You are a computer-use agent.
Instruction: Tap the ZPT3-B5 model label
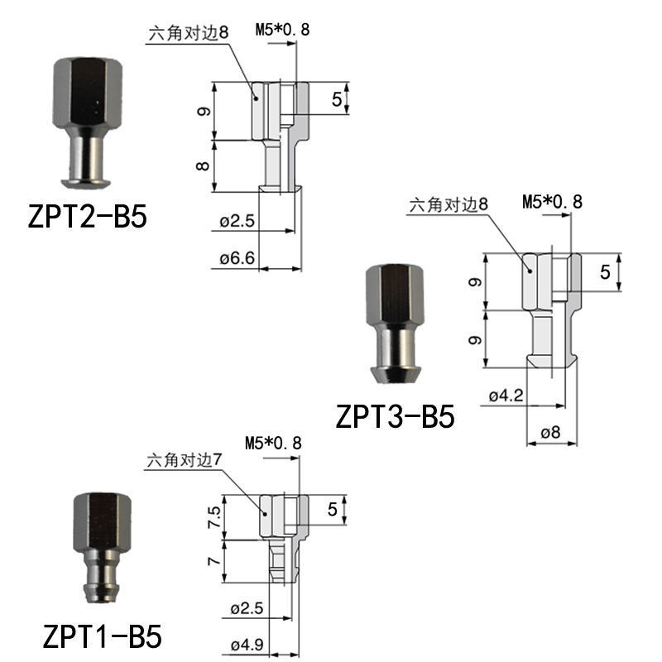(395, 415)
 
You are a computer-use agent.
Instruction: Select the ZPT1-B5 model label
(102, 637)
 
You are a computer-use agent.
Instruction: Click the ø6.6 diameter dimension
(237, 259)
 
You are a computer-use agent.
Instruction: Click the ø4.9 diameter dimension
(246, 645)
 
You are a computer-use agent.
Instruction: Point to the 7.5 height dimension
(213, 518)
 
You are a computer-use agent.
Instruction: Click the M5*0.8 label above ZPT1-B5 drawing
(274, 444)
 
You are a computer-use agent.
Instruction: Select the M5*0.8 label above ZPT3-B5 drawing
(553, 201)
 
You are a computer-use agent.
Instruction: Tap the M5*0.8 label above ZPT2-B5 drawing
(283, 31)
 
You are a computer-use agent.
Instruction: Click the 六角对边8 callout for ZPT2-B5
(187, 33)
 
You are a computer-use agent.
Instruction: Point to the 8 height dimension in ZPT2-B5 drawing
(201, 165)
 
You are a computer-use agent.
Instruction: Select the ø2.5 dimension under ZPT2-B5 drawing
(237, 222)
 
